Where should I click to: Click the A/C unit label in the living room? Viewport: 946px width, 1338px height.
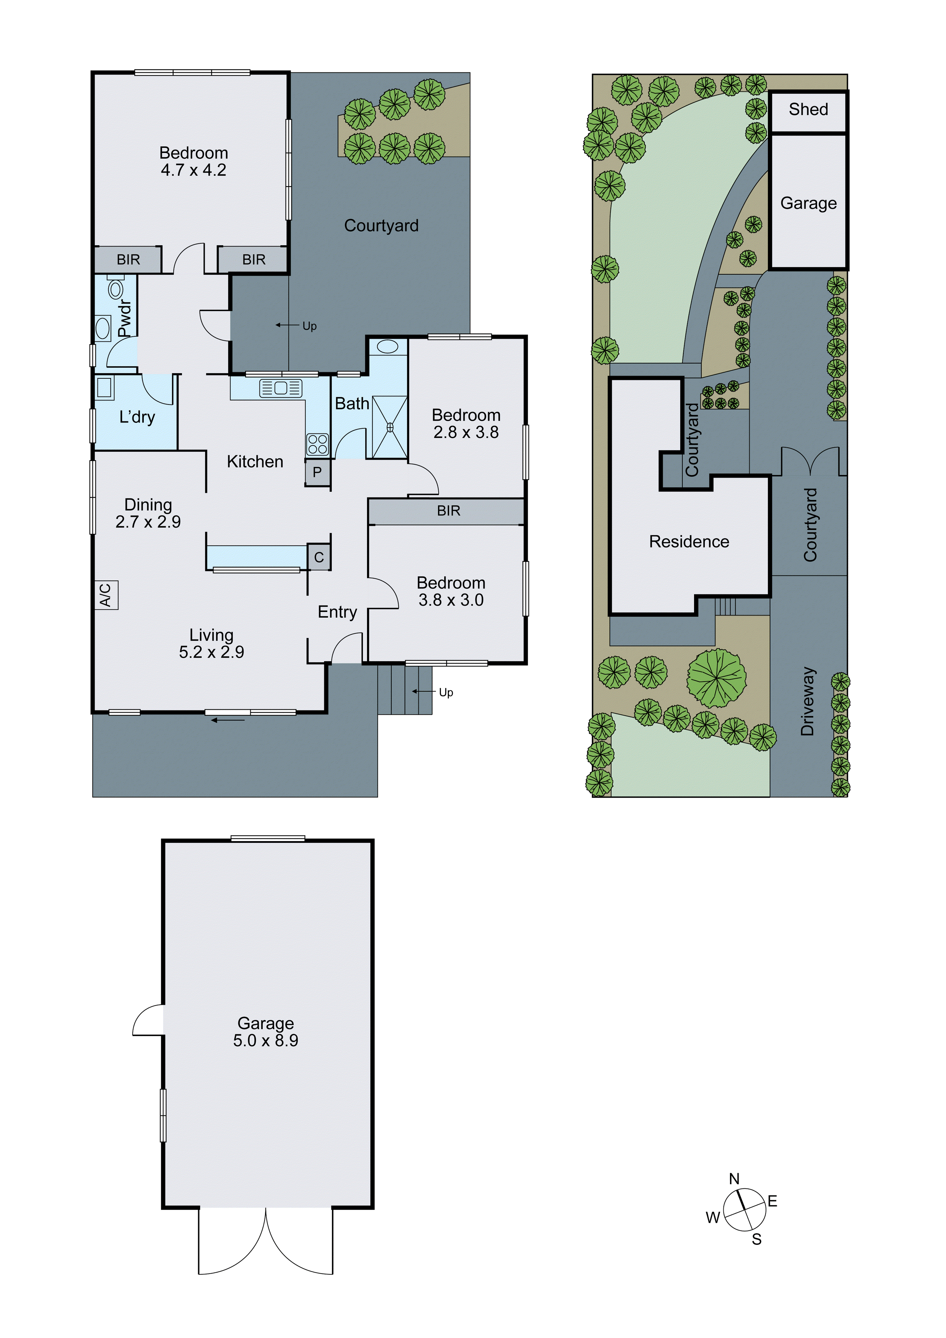(x=106, y=595)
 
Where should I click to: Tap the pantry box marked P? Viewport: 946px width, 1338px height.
(x=317, y=472)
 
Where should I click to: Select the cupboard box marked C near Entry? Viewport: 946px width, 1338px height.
(x=319, y=557)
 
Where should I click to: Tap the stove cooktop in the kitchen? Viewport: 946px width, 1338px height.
(x=318, y=444)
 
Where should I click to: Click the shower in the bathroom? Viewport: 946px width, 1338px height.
(x=389, y=427)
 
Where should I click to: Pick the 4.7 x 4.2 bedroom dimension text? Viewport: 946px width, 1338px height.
(x=194, y=170)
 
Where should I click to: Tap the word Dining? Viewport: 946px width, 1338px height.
(x=148, y=505)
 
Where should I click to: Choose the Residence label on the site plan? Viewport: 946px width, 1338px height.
(x=689, y=541)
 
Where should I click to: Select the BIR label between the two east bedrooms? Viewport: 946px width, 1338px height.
(x=448, y=511)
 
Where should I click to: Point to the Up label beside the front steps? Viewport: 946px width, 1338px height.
(x=446, y=692)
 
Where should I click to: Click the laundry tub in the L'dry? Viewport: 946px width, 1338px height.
(x=104, y=387)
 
